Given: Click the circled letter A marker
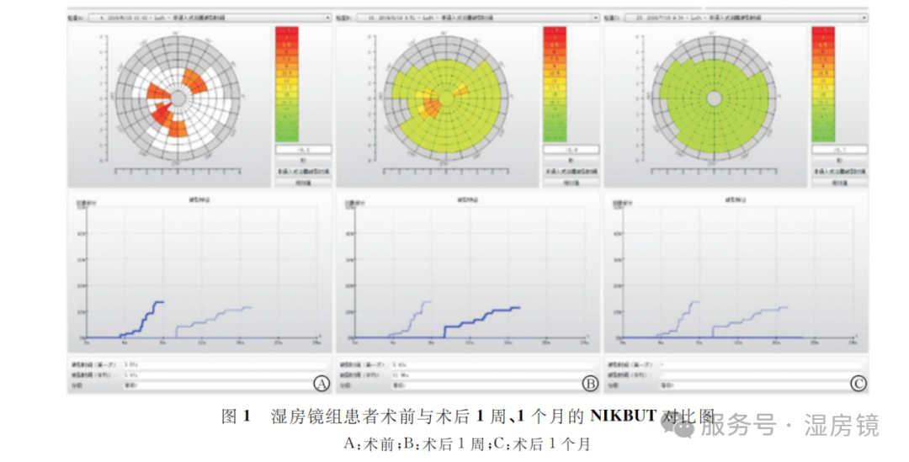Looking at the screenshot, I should [321, 384].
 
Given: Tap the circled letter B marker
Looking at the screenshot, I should [590, 384].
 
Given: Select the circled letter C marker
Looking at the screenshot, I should [858, 384].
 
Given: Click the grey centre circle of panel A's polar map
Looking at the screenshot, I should [178, 98].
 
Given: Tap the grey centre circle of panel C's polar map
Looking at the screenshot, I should [714, 98].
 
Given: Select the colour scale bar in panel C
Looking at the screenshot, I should [822, 83].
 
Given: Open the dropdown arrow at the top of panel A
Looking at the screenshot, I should [330, 16].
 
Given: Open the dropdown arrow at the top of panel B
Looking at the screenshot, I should [598, 16].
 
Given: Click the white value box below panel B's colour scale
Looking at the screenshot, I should [570, 150].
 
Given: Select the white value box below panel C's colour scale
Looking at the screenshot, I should [837, 150].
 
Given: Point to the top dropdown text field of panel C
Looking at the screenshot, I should [741, 16].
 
